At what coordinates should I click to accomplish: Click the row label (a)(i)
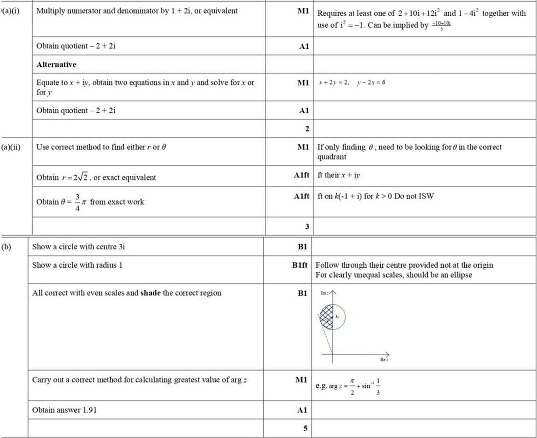coord(10,11)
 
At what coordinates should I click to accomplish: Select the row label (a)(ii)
coord(10,147)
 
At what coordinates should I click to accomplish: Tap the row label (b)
coord(6,246)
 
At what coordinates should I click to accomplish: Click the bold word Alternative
coord(56,64)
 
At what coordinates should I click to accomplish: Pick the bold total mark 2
coord(307,129)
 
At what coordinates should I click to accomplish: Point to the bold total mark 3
coord(307,226)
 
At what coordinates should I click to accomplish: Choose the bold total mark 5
coord(305,429)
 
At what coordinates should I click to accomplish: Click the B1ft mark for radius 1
coord(301,265)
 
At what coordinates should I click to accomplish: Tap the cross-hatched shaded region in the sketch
coord(327,316)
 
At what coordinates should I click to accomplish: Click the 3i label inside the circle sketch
coord(337,317)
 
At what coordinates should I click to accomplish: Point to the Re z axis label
coord(384,360)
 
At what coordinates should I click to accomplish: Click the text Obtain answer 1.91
coord(64,410)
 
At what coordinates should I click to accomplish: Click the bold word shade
coord(150,293)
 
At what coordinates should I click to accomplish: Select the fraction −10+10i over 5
coord(441,25)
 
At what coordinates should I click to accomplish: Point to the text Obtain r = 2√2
coord(96,178)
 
